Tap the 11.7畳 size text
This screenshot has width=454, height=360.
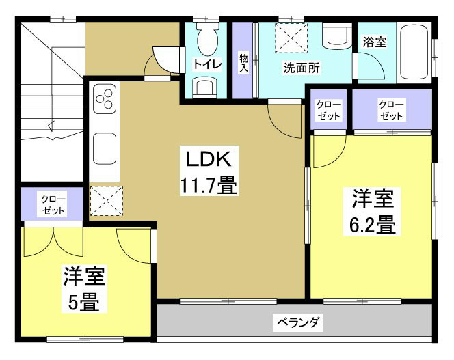[209, 184]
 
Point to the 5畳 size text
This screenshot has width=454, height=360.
[85, 301]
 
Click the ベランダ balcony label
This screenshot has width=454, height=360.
[298, 321]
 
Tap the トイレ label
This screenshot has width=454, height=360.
[206, 65]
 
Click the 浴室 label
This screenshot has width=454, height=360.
[374, 42]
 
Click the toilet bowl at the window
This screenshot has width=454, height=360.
[206, 40]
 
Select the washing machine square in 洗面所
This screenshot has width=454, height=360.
[291, 38]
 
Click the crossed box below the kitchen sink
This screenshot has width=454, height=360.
[105, 201]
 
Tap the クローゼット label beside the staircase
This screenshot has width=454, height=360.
[53, 204]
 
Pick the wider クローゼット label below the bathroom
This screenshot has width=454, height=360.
[392, 109]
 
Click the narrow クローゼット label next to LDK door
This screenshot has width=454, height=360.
[329, 109]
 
